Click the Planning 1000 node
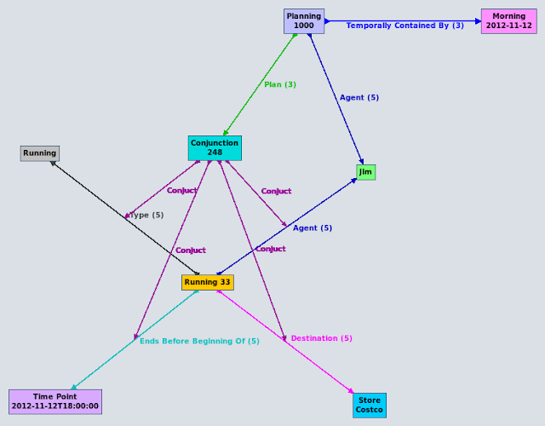[x=304, y=21]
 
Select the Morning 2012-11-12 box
[x=508, y=21]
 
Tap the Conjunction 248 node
[x=215, y=148]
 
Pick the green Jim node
[x=365, y=172]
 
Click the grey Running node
[x=40, y=153]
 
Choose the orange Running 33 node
[x=207, y=282]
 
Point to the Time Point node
[x=55, y=401]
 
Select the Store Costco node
[x=370, y=406]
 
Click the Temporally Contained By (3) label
[x=404, y=26]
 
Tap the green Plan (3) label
[x=280, y=84]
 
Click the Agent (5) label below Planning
[x=359, y=97]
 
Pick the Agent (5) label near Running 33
[x=313, y=227]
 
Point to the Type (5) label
[x=146, y=215]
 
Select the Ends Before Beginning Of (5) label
[x=199, y=341]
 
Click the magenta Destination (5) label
[x=321, y=338]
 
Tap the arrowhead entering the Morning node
[x=478, y=21]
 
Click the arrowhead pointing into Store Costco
[x=351, y=392]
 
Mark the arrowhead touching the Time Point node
[x=73, y=388]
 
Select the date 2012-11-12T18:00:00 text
[x=55, y=406]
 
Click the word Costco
[x=370, y=411]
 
